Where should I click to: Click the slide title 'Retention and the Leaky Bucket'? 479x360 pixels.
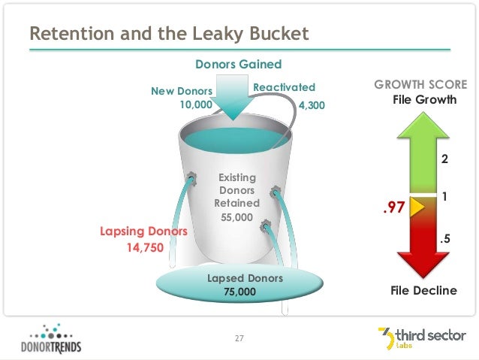[168, 35]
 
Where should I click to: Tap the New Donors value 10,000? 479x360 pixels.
[195, 105]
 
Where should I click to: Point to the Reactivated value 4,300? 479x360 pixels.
[312, 106]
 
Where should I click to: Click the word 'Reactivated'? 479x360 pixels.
[284, 88]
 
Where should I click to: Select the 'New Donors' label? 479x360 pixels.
[182, 91]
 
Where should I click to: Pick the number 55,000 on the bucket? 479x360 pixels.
[236, 217]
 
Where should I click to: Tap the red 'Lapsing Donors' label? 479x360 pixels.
[143, 231]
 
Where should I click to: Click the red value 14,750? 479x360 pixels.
[143, 247]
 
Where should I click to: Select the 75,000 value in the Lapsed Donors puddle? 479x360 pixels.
[239, 292]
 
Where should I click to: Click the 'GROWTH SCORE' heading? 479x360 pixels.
[420, 84]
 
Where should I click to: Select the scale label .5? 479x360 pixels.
[444, 240]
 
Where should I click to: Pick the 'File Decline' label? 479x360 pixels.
[423, 290]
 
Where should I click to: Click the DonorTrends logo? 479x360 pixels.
[51, 339]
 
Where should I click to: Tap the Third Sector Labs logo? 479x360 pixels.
[421, 339]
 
